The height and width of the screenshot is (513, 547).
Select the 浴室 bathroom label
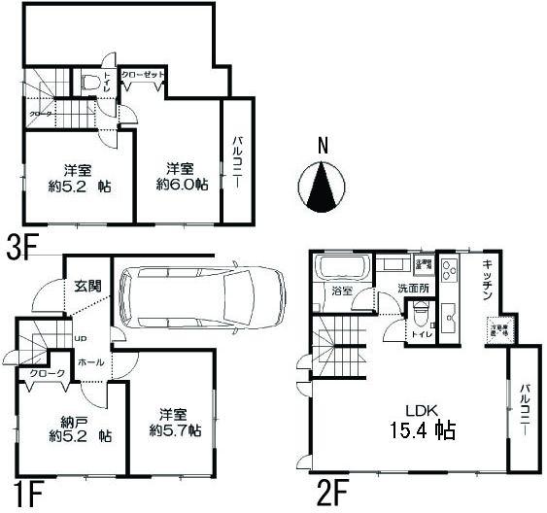[342, 291]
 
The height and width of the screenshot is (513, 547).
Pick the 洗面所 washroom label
[412, 289]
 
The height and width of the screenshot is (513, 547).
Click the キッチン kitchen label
[487, 282]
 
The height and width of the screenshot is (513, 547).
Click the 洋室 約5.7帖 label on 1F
[175, 420]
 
